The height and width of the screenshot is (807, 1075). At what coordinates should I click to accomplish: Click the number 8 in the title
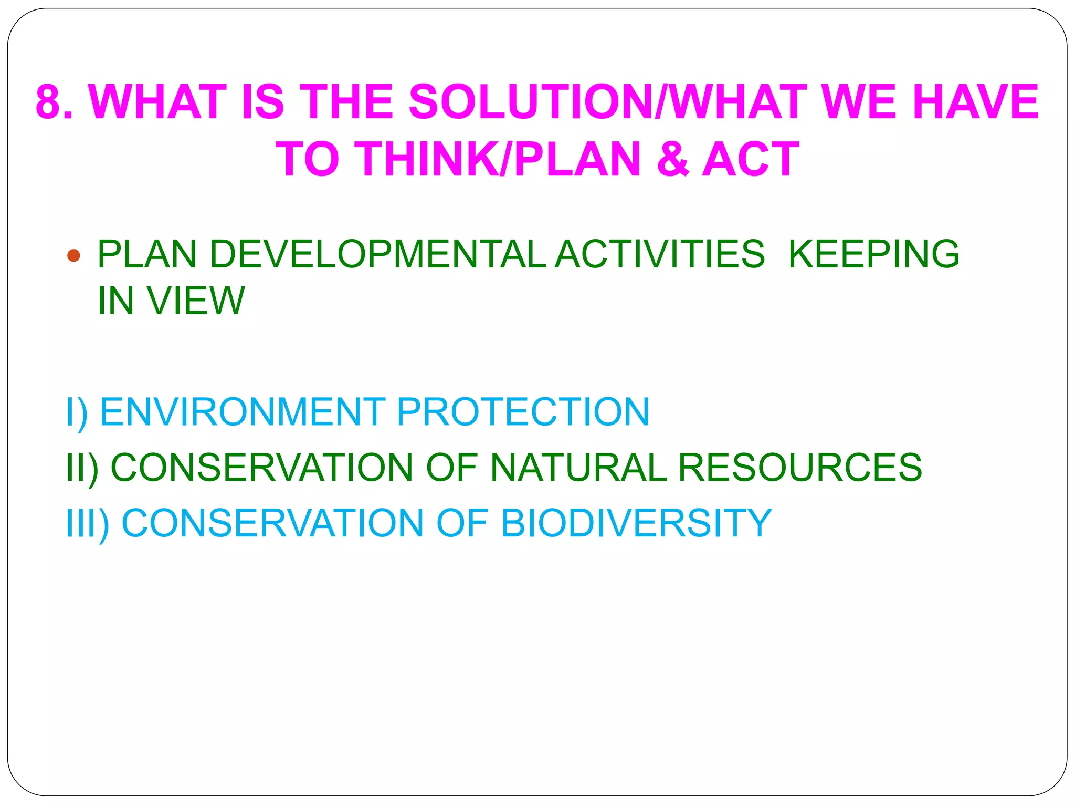(x=50, y=102)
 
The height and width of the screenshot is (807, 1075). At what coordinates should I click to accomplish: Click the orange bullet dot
(x=74, y=256)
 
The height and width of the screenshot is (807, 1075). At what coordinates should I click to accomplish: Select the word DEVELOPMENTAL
(x=378, y=254)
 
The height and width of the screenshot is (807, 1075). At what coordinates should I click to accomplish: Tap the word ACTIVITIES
(x=660, y=254)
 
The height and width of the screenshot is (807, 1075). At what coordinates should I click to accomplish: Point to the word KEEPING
(x=874, y=254)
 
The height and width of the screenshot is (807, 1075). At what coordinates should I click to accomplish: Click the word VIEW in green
(x=195, y=301)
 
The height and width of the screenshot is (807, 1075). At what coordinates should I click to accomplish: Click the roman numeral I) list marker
(x=77, y=412)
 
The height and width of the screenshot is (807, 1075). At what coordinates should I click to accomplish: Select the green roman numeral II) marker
(x=82, y=468)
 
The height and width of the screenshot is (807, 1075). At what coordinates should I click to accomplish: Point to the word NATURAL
(x=578, y=467)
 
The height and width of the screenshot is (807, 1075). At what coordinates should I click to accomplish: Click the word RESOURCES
(x=800, y=467)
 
